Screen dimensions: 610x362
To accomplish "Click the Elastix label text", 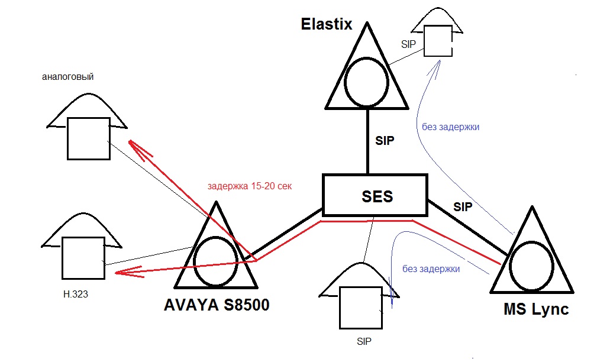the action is coord(327,24).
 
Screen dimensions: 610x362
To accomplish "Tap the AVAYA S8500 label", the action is coord(217,305).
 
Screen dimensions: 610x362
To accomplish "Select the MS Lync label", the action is coord(536,309).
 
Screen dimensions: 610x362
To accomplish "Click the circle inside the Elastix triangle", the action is coord(345,82).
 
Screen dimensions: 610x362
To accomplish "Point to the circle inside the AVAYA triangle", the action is coord(194,261).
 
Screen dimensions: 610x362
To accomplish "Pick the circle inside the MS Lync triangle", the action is coord(509,266).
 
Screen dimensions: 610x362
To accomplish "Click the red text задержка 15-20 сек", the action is coord(249,186).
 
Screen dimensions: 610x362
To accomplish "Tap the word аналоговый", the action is coord(67,76).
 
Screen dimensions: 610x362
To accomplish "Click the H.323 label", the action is coord(76,295).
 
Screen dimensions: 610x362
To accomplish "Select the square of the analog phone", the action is coord(67,139).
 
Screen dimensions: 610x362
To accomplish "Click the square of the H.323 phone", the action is coord(63,258).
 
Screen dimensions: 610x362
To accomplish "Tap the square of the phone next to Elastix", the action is coord(424,41).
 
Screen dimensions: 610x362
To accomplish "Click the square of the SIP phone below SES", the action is coord(340,308).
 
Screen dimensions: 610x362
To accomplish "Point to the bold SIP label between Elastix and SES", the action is coord(385,140).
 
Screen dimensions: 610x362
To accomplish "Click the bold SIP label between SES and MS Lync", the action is coord(463,207).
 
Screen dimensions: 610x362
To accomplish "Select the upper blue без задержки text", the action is coord(450,127).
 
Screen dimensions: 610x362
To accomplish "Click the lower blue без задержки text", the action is coord(431,269).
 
